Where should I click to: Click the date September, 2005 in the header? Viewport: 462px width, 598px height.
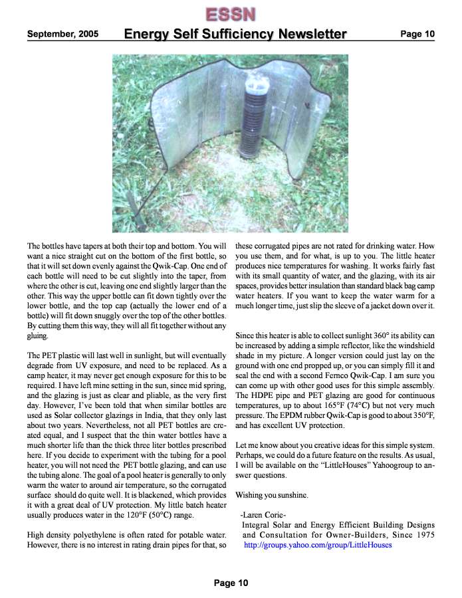(x=62, y=35)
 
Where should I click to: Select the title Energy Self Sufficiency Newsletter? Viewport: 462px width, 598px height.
(x=235, y=35)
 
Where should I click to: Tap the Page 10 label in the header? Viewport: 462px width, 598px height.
(x=417, y=35)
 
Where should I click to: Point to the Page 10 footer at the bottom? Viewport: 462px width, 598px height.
(x=231, y=583)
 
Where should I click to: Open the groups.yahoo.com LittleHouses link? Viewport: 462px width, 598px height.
(x=318, y=545)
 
